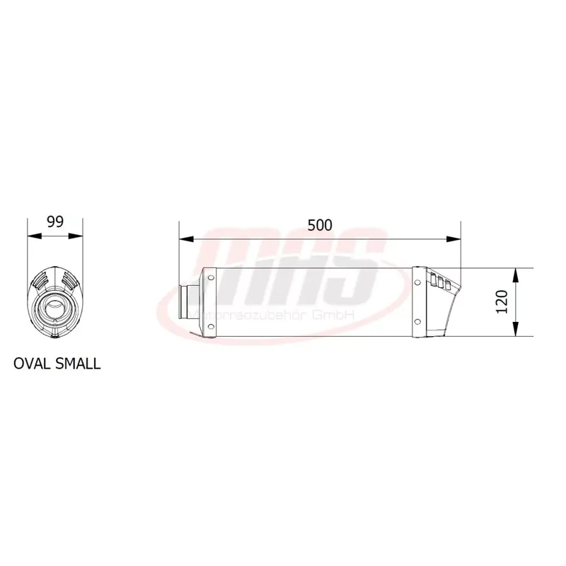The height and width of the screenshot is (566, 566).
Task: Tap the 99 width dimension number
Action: click(x=55, y=221)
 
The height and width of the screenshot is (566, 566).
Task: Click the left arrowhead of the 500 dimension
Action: click(x=183, y=239)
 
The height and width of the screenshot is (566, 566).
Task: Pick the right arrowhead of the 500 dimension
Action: click(x=457, y=239)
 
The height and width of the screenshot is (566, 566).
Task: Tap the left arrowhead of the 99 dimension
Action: click(x=30, y=237)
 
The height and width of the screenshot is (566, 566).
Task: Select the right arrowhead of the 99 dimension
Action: click(x=79, y=237)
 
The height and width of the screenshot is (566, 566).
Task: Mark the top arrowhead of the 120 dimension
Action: click(x=518, y=272)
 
